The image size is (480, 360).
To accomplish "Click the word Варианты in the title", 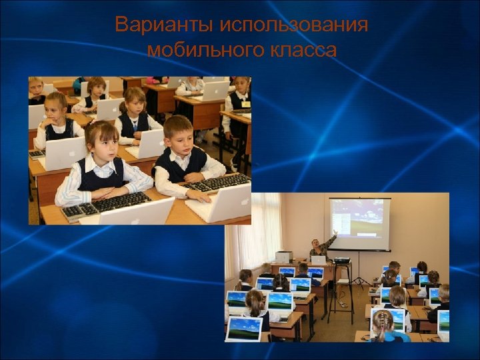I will click(155, 25).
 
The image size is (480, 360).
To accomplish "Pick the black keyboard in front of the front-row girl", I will click(107, 205).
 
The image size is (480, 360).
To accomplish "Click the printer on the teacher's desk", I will click(284, 257).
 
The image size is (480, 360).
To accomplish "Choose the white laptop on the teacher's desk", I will click(319, 259).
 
